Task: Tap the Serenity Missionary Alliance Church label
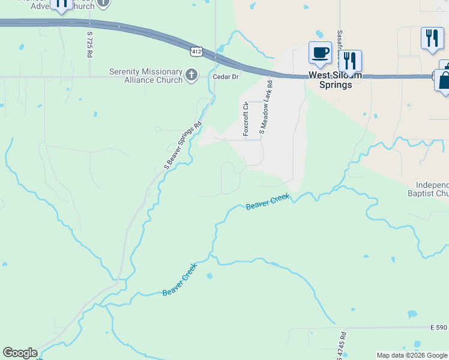pyautogui.click(x=146, y=76)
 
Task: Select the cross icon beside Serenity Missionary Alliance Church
pyautogui.click(x=191, y=75)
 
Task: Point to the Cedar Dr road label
pyautogui.click(x=226, y=77)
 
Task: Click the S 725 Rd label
pyautogui.click(x=89, y=44)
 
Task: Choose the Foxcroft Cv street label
pyautogui.click(x=246, y=119)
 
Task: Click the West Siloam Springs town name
pyautogui.click(x=335, y=80)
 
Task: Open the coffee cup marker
pyautogui.click(x=320, y=52)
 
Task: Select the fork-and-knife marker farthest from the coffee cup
pyautogui.click(x=432, y=38)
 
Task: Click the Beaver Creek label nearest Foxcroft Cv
pyautogui.click(x=268, y=202)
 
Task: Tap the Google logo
pyautogui.click(x=20, y=353)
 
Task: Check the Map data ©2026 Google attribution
pyautogui.click(x=412, y=355)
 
